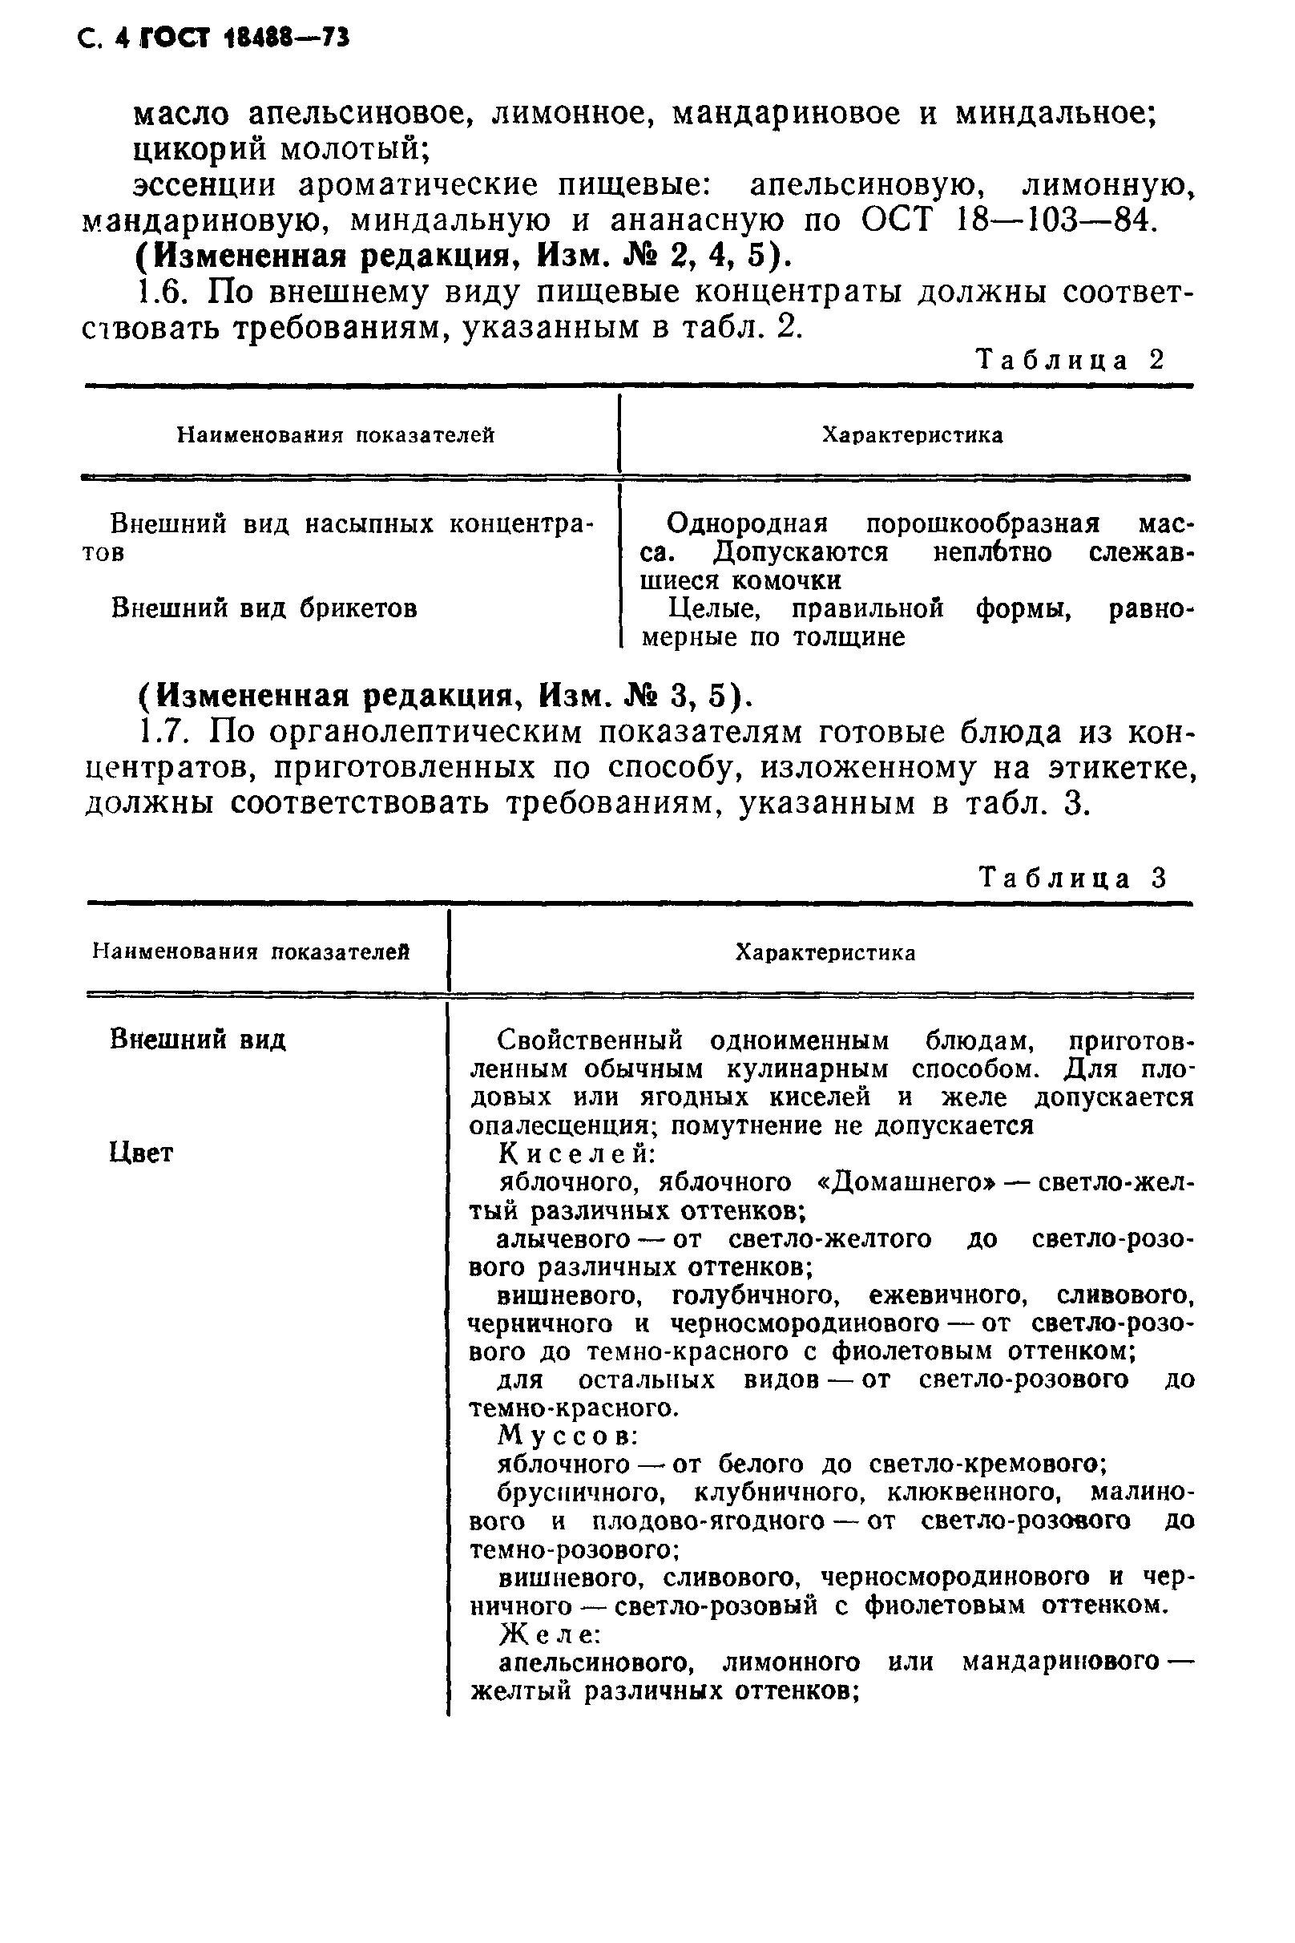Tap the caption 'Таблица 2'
click(1071, 360)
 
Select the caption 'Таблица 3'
click(1073, 878)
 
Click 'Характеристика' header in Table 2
click(912, 435)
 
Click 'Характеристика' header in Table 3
click(825, 952)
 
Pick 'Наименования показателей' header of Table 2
click(335, 434)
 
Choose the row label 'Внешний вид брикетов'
click(264, 609)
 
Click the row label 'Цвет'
click(141, 1153)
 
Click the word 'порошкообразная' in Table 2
click(982, 523)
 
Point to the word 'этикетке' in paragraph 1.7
click(1124, 767)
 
